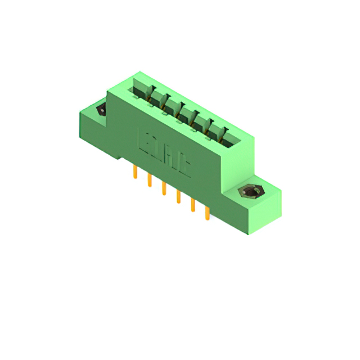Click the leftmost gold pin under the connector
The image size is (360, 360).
[135, 172]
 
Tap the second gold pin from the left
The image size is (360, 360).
[150, 180]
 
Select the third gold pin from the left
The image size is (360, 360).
[164, 188]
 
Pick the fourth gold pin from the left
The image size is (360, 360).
[178, 196]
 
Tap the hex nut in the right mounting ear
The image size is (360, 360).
[250, 193]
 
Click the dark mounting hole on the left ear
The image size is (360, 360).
[101, 109]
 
